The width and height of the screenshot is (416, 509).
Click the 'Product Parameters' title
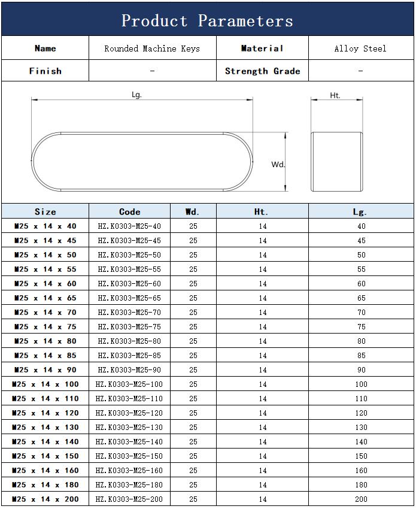pyautogui.click(x=207, y=21)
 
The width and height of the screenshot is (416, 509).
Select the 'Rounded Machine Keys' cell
pyautogui.click(x=152, y=49)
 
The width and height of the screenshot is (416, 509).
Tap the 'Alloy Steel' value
pyautogui.click(x=360, y=49)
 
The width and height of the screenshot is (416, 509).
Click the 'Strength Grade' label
pyautogui.click(x=262, y=71)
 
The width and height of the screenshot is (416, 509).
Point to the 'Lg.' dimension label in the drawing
pyautogui.click(x=136, y=95)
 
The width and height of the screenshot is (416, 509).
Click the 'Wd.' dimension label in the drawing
pyautogui.click(x=278, y=164)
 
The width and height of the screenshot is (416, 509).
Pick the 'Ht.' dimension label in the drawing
pyautogui.click(x=335, y=95)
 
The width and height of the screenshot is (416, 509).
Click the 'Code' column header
pyautogui.click(x=130, y=211)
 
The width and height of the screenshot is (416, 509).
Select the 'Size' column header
pyautogui.click(x=45, y=211)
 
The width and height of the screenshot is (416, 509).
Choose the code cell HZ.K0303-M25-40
pyautogui.click(x=129, y=226)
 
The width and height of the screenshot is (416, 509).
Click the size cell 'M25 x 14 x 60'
pyautogui.click(x=45, y=283)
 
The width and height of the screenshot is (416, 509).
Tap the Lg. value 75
pyautogui.click(x=361, y=326)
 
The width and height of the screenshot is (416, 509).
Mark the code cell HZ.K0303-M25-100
pyautogui.click(x=129, y=384)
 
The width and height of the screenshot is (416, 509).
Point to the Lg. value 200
pyautogui.click(x=361, y=499)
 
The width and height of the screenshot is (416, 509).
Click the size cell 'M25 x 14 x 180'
pyautogui.click(x=45, y=484)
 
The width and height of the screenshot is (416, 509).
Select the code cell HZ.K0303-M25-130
pyautogui.click(x=129, y=427)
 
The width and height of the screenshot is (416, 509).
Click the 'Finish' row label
pyautogui.click(x=45, y=71)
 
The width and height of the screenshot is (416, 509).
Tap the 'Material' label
pyautogui.click(x=262, y=49)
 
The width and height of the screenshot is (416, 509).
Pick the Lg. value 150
pyautogui.click(x=361, y=456)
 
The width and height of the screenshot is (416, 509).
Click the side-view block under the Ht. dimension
pyautogui.click(x=336, y=162)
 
